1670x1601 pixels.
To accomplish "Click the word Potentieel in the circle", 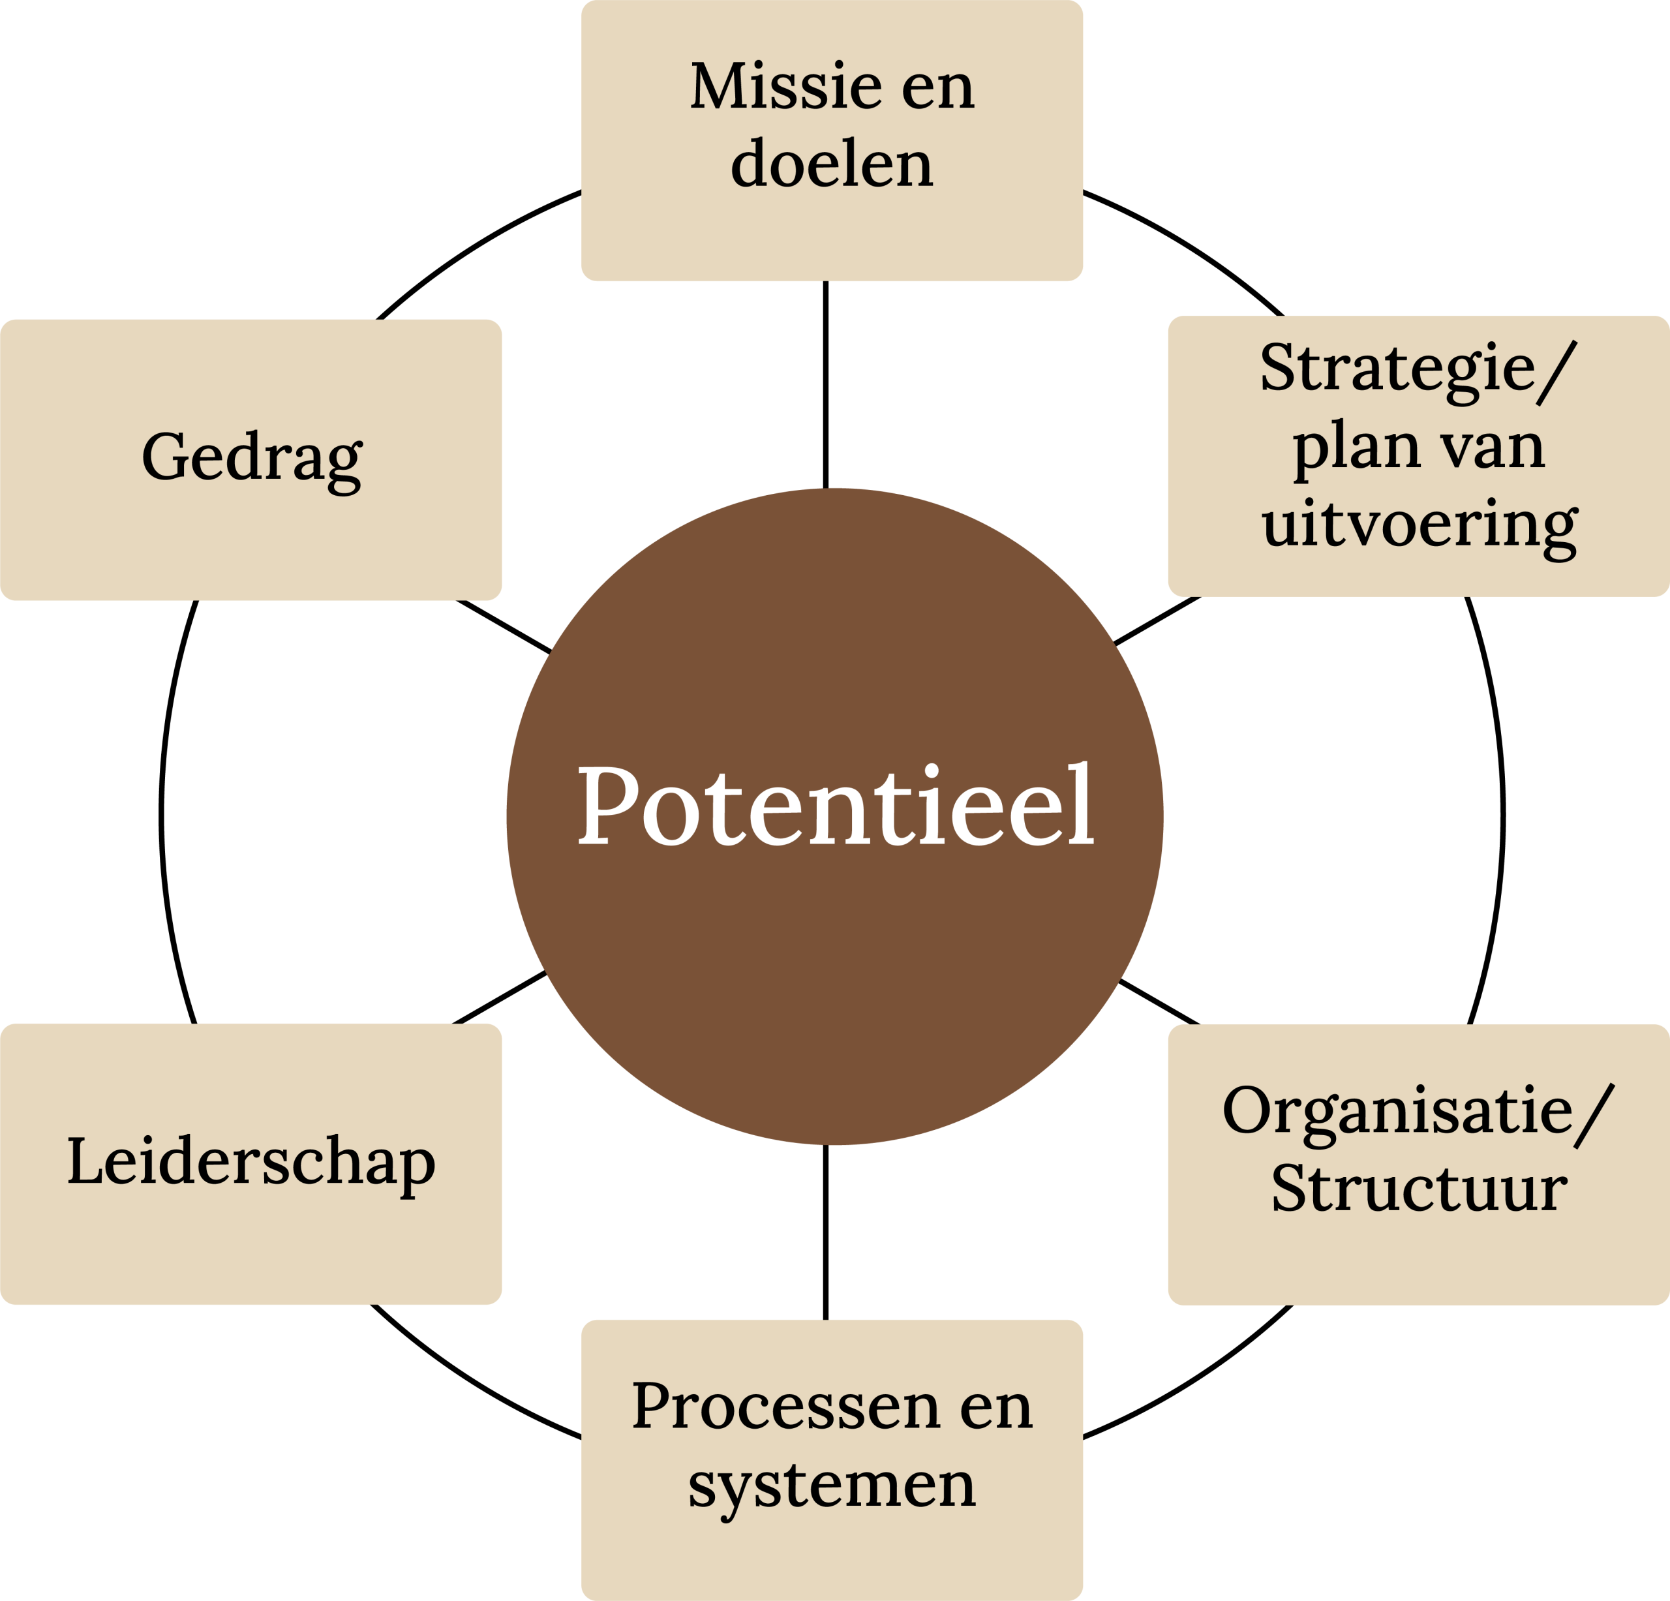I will (835, 805).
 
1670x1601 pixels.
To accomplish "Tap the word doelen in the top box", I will (832, 164).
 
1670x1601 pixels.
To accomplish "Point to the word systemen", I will (832, 1485).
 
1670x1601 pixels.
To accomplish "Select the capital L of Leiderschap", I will (83, 1161).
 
